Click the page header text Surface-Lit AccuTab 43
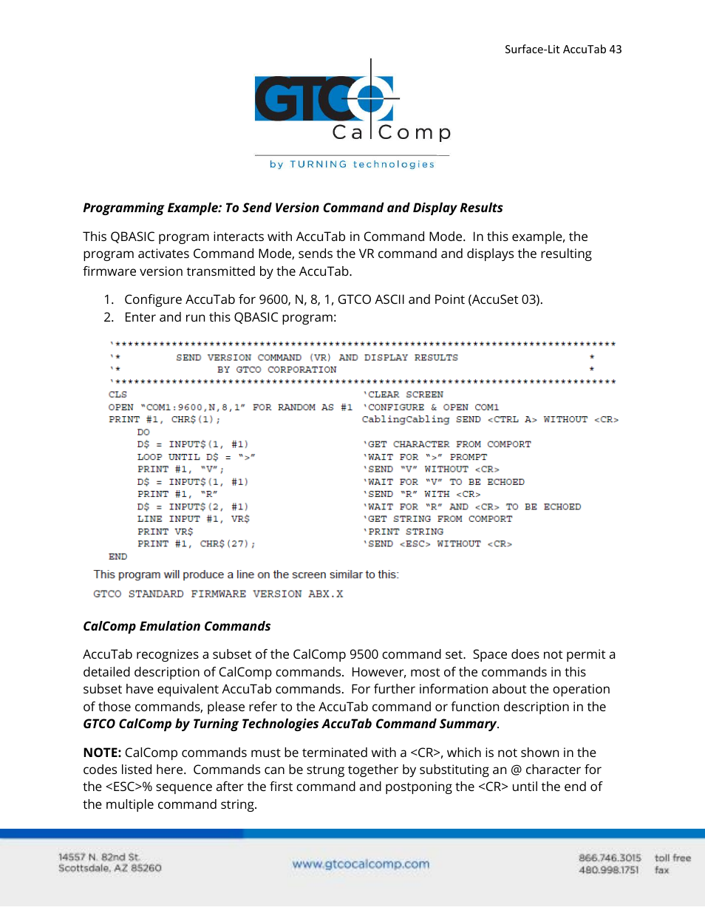point(563,50)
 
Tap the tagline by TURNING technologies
point(352,164)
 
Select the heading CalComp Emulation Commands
point(177,626)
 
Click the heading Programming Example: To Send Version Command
point(293,208)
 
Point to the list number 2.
point(109,317)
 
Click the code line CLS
point(117,395)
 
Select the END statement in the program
point(117,557)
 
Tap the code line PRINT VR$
point(165,532)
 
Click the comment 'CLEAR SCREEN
point(403,395)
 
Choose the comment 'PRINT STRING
point(403,532)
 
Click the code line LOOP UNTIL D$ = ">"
point(196,457)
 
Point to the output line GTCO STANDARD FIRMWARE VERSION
point(218,594)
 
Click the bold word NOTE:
point(102,753)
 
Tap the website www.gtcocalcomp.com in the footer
point(361,863)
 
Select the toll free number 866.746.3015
point(610,858)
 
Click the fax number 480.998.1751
point(609,870)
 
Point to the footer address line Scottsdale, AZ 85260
point(110,869)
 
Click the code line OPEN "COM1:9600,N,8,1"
point(231,407)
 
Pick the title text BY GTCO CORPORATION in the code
point(276,370)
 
